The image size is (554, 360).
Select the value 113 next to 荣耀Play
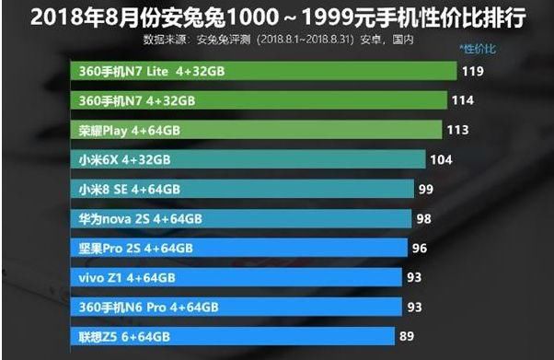point(457,130)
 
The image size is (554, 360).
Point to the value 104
point(443,159)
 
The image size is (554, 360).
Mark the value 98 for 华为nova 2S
point(424,218)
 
